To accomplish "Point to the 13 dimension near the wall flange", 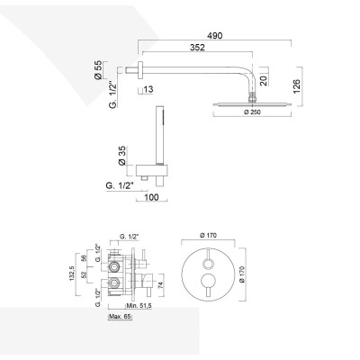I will tap(148, 89).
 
